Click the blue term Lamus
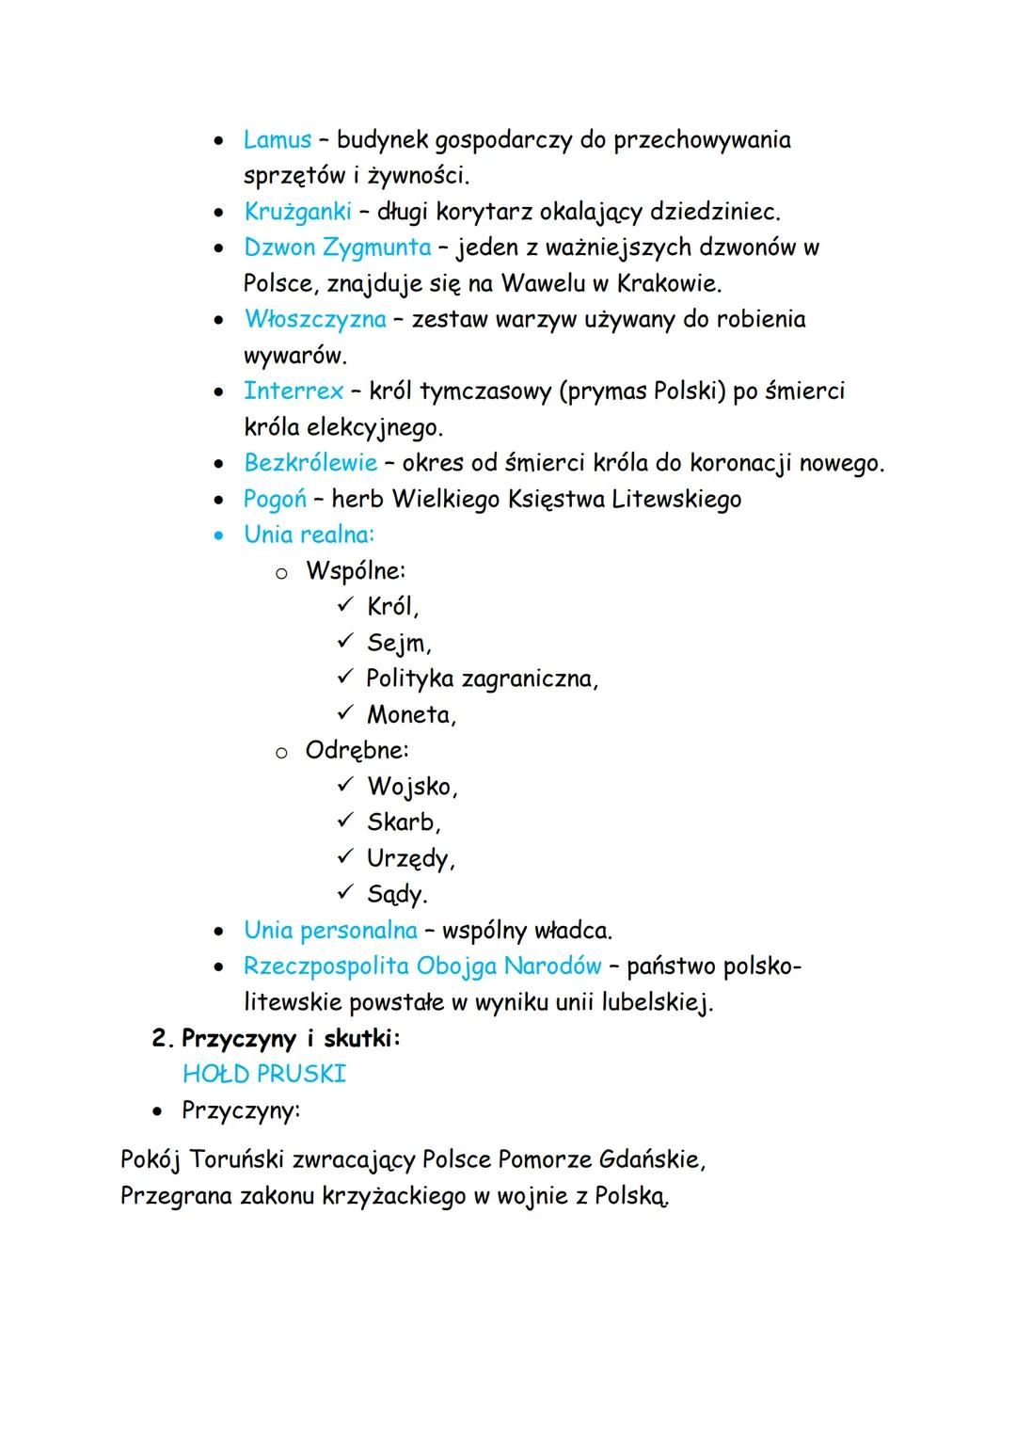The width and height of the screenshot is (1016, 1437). (277, 140)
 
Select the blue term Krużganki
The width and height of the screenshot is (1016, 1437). (297, 212)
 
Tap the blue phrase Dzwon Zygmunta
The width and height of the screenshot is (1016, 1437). (337, 247)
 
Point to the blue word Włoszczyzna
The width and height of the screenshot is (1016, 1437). (314, 320)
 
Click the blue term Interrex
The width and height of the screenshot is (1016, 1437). (293, 391)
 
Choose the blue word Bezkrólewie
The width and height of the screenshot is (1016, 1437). (310, 463)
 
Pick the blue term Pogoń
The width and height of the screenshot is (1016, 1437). (275, 499)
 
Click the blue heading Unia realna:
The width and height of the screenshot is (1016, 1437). (309, 535)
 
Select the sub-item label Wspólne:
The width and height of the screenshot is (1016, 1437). (356, 571)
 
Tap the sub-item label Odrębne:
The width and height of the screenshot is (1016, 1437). (357, 751)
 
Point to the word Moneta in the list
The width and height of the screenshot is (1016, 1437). (410, 715)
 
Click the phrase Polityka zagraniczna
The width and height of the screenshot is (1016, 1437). (481, 679)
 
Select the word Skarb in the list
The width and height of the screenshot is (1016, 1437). (403, 822)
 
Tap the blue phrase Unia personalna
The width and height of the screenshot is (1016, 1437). (330, 931)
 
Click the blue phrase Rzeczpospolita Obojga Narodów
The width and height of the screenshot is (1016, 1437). (421, 966)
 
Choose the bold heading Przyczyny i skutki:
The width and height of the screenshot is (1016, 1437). (291, 1039)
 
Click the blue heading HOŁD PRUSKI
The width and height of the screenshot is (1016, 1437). (264, 1074)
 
